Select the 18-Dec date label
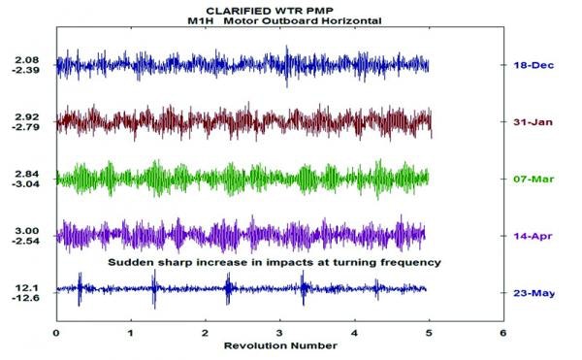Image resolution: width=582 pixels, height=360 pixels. pyautogui.click(x=528, y=64)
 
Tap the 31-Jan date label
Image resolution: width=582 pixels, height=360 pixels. pyautogui.click(x=528, y=121)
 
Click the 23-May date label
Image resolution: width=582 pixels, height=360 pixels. pyautogui.click(x=529, y=292)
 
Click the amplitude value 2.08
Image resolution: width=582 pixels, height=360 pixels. pyautogui.click(x=26, y=60)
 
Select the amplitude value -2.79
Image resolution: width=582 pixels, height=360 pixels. pyautogui.click(x=25, y=127)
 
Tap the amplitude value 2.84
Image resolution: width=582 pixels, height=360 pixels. pyautogui.click(x=26, y=173)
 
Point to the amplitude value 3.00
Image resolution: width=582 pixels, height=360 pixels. pyautogui.click(x=26, y=229)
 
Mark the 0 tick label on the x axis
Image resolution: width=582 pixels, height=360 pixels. pyautogui.click(x=56, y=333)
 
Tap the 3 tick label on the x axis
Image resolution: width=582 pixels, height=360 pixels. pyautogui.click(x=279, y=333)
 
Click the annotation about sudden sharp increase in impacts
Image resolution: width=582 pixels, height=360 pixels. pyautogui.click(x=275, y=263)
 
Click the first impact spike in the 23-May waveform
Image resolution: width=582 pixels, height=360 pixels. pyautogui.click(x=80, y=289)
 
